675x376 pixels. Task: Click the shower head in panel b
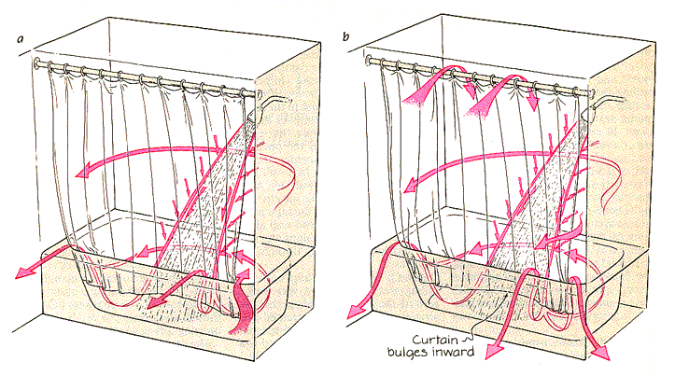pos(589,109)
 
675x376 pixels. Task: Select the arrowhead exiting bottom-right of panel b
pos(597,353)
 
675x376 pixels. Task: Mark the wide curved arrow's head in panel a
pos(83,171)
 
